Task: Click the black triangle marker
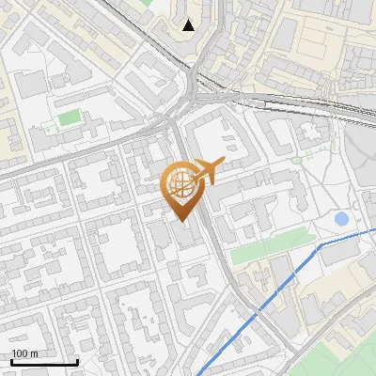click(x=190, y=25)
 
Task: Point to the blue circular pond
click(x=341, y=219)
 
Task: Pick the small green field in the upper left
click(x=69, y=118)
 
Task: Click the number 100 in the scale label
click(x=20, y=353)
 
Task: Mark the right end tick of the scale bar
click(x=77, y=361)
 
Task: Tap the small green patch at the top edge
click(x=148, y=3)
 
